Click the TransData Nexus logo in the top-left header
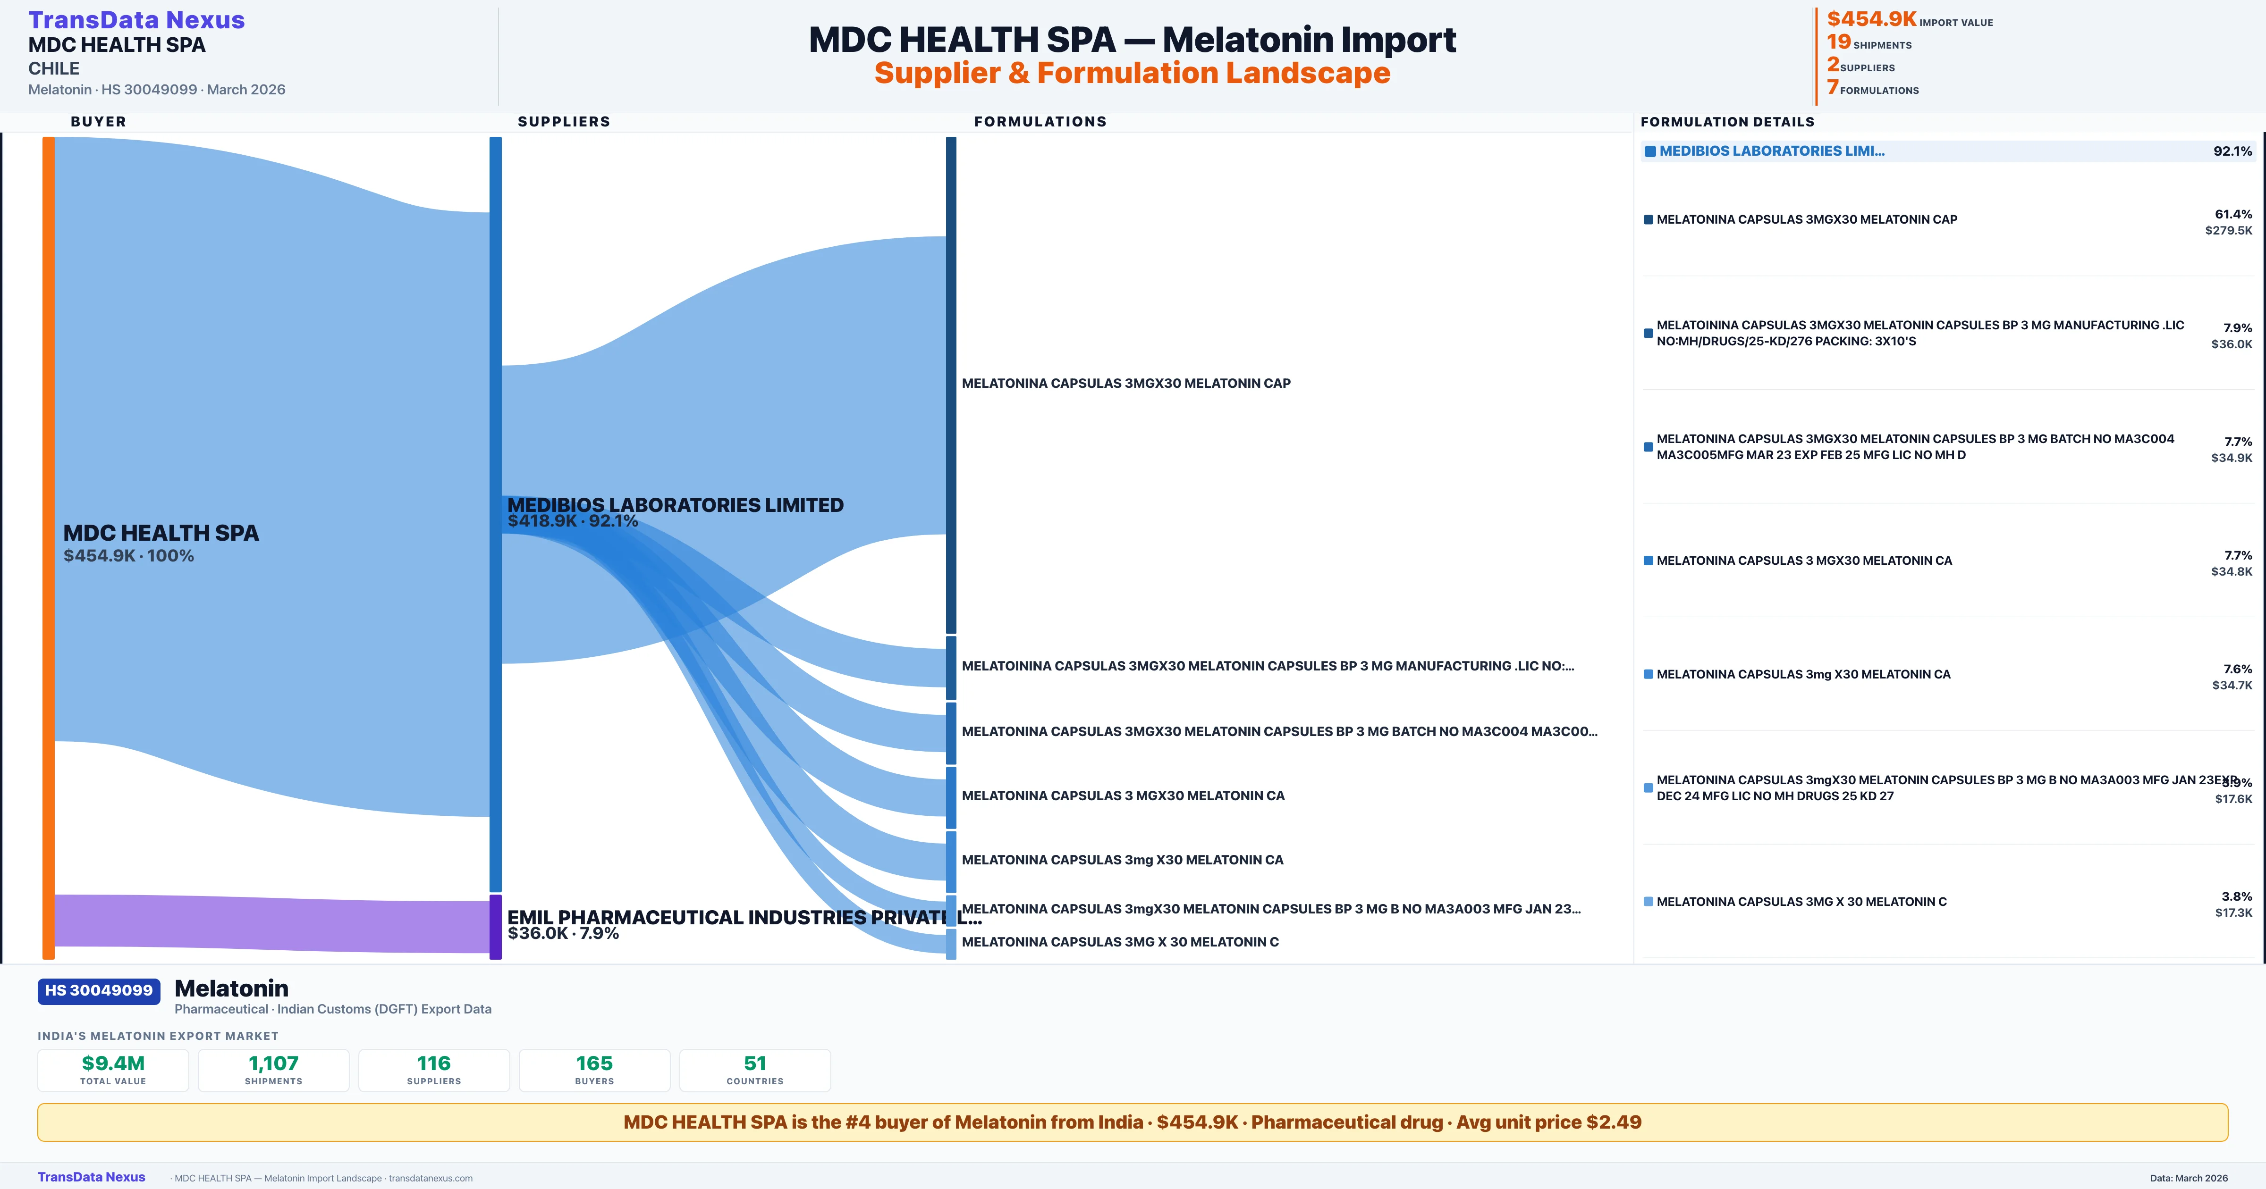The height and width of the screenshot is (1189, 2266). (x=136, y=20)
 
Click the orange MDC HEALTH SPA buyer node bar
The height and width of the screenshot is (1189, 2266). (x=48, y=545)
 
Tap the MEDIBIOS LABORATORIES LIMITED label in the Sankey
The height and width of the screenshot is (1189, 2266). (x=675, y=505)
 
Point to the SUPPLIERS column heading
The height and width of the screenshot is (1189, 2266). (x=564, y=121)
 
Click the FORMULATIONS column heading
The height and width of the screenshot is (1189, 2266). (x=1040, y=121)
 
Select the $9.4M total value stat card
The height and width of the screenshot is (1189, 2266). (x=113, y=1070)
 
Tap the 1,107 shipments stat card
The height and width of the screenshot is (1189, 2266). (x=274, y=1070)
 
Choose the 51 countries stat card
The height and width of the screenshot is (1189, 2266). (x=755, y=1070)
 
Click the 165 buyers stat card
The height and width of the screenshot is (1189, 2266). (x=595, y=1070)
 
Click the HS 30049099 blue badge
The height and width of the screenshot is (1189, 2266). (x=99, y=990)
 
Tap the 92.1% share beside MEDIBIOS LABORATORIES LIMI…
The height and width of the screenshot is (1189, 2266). (x=2232, y=151)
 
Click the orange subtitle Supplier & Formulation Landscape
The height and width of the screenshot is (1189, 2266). (x=1132, y=73)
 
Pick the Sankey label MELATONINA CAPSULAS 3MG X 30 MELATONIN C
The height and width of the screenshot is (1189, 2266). (x=1120, y=942)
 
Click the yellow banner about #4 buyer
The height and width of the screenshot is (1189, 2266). (x=1132, y=1122)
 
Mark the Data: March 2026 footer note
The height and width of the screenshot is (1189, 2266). (x=2189, y=1178)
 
